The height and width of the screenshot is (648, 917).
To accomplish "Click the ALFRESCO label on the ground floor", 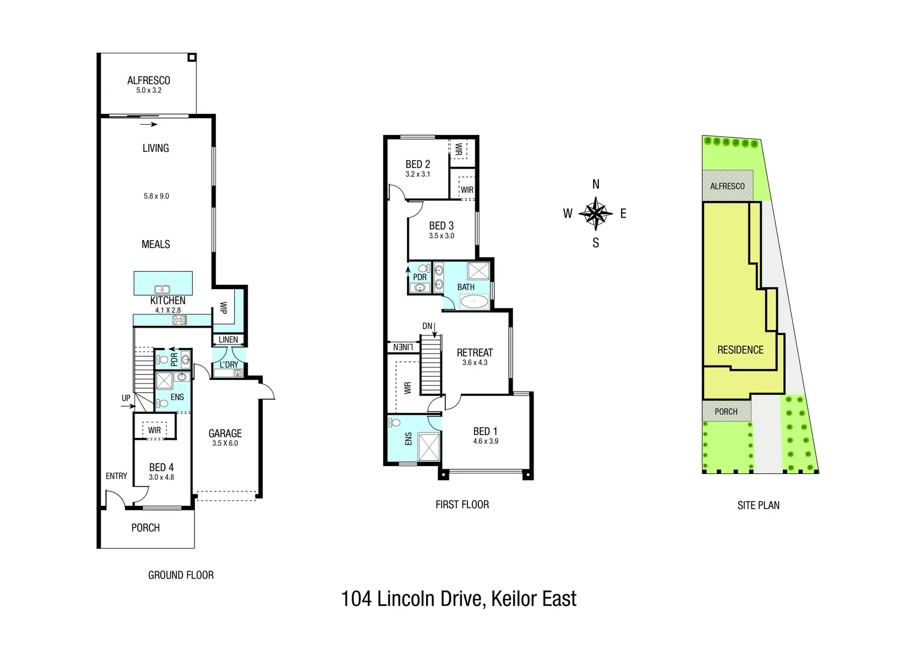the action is [x=149, y=80].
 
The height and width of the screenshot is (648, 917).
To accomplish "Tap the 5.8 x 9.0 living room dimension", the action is [x=157, y=196].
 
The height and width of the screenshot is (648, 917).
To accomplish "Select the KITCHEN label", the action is [x=168, y=301].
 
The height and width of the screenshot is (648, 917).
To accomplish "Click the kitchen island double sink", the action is [x=162, y=290].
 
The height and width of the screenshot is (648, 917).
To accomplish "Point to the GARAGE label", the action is [x=225, y=433].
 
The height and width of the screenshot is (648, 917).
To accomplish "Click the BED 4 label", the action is [x=161, y=467].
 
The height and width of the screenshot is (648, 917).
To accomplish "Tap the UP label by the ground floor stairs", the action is [x=126, y=398].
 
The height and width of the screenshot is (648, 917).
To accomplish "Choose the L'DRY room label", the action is [x=229, y=364].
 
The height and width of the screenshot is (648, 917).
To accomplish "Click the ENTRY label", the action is [x=116, y=476].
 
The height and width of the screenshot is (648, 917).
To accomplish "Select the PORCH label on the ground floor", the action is [x=145, y=527].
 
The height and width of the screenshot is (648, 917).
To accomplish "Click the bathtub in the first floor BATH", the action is [x=475, y=302].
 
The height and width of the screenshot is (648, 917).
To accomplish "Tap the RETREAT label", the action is [x=475, y=352].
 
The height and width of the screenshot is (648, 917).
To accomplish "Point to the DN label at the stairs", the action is [x=427, y=326].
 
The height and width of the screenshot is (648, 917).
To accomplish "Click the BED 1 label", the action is [x=486, y=431].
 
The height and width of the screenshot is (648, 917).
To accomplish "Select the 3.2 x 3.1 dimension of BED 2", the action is [x=418, y=175].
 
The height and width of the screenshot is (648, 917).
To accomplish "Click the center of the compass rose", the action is [x=596, y=213].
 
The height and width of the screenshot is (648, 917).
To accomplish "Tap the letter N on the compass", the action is [x=596, y=184].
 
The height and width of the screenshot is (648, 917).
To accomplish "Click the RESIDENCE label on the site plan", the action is [x=741, y=350].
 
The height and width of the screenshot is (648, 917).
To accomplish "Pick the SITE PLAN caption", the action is [x=759, y=505].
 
